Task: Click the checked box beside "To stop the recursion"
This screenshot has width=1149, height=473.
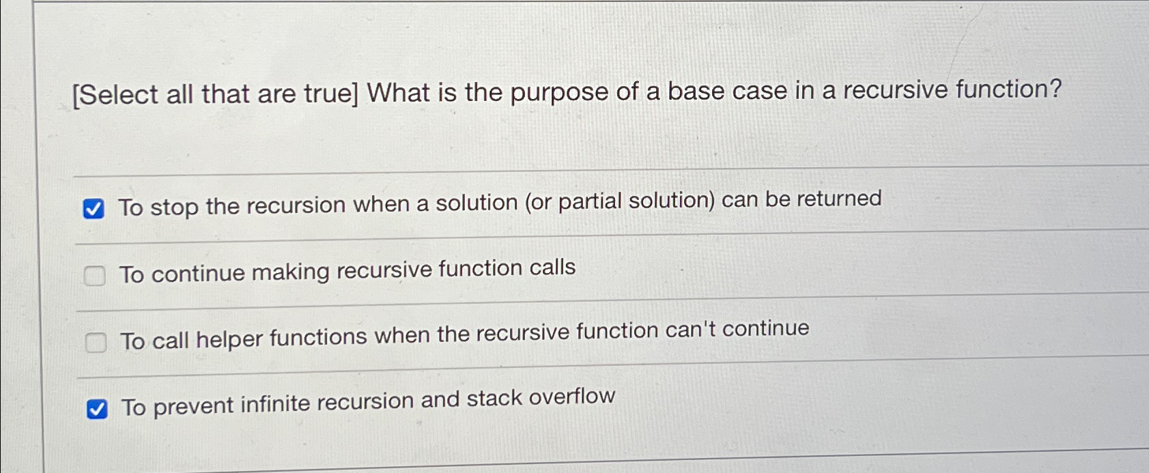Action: coord(94,209)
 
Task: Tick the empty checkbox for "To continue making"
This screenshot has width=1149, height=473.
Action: coord(94,276)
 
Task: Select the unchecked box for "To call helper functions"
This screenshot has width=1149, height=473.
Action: coord(96,342)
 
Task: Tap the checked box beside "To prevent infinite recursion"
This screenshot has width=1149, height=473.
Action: coord(97,410)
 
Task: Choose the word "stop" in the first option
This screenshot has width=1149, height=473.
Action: coord(174,206)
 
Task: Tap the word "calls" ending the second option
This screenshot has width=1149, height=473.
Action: coord(552,267)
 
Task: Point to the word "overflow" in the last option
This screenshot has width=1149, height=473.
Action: coord(571,397)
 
